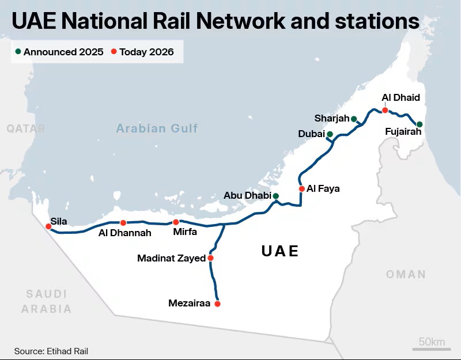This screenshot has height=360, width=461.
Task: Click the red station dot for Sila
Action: click(48, 226)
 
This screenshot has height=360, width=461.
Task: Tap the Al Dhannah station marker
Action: click(123, 223)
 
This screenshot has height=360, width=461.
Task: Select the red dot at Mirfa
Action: click(176, 222)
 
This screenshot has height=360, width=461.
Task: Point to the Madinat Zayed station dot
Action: click(210, 258)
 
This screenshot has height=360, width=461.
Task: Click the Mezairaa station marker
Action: click(217, 304)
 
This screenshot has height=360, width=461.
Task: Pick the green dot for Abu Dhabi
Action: click(275, 196)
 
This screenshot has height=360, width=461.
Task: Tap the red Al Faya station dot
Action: click(301, 189)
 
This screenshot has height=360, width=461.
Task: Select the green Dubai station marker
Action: click(330, 134)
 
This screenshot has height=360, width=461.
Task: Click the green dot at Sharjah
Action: click(354, 119)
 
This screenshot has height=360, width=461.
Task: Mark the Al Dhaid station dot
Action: click(385, 110)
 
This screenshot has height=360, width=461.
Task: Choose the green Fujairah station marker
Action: click(420, 124)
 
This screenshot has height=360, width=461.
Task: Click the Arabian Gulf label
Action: click(157, 128)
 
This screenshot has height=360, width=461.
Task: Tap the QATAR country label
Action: click(26, 129)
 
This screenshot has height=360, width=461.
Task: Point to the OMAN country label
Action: click(406, 274)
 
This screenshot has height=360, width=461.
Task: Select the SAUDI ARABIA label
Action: click(47, 301)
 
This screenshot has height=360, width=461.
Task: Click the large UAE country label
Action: click(280, 251)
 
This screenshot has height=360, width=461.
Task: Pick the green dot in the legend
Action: click(18, 52)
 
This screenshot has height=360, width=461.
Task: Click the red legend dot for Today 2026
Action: click(114, 52)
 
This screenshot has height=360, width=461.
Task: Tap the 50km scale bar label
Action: click(432, 342)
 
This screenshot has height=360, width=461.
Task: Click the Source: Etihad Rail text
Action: click(51, 351)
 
